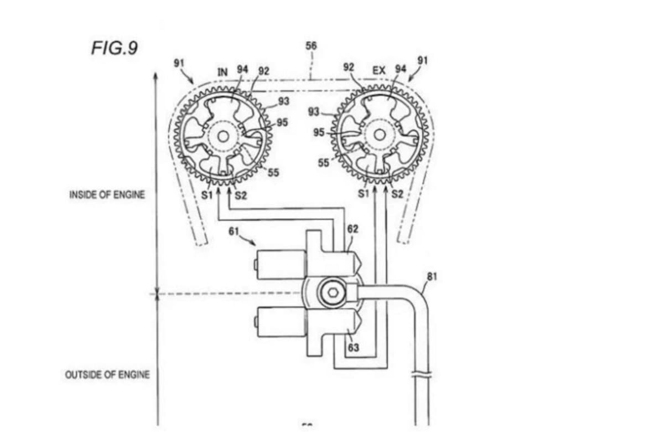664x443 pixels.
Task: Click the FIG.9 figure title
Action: [114, 48]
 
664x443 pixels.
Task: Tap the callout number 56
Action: [312, 45]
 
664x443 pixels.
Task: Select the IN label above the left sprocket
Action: [222, 72]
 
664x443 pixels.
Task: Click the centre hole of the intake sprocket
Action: [223, 135]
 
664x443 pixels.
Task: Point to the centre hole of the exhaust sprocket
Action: [380, 133]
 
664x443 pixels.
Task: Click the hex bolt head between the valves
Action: [332, 291]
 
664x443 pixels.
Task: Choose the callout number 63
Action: [354, 348]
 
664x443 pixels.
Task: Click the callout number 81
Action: [432, 276]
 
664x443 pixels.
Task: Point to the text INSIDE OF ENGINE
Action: [107, 195]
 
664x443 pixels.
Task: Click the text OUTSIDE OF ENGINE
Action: [107, 375]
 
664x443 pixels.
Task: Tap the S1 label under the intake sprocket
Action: [207, 195]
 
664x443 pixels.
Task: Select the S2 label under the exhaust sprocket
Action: [397, 194]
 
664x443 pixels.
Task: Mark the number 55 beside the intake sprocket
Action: [273, 173]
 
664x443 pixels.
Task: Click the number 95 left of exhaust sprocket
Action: [319, 133]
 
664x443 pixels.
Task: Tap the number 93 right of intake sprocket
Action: [283, 101]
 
